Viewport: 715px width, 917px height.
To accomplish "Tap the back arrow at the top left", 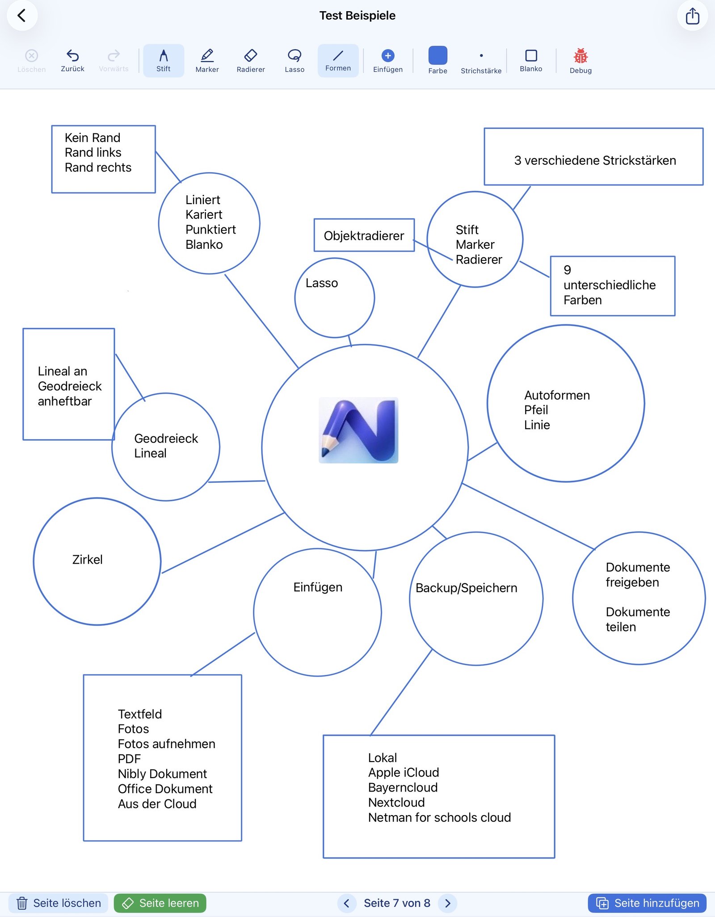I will coord(21,16).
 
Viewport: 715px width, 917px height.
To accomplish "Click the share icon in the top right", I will coord(692,16).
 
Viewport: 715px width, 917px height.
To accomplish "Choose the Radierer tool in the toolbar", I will coord(251,55).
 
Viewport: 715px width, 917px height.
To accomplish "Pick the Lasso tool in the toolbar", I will coord(294,55).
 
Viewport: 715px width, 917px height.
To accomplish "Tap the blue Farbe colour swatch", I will coord(437,55).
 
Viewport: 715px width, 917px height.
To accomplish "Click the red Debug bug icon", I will coord(580,56).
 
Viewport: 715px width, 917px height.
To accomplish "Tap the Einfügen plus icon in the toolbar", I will coord(388,55).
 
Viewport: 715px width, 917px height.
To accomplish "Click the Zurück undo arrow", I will coord(72,55).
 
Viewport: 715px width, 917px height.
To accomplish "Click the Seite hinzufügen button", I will coord(647,903).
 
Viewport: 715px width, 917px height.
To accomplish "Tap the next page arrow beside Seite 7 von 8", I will coord(448,903).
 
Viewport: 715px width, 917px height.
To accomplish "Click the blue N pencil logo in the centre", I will coord(358,430).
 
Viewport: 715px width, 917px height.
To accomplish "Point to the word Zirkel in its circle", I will coord(88,560).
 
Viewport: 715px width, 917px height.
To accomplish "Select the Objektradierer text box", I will coord(364,235).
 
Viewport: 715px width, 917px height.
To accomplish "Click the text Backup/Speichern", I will coord(466,588).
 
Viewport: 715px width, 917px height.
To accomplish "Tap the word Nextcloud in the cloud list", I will coord(396,803).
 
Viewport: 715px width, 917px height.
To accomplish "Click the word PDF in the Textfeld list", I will coord(129,759).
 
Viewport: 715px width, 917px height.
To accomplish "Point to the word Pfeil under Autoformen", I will coord(536,410).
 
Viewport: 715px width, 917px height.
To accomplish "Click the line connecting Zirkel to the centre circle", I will coord(223,543).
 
